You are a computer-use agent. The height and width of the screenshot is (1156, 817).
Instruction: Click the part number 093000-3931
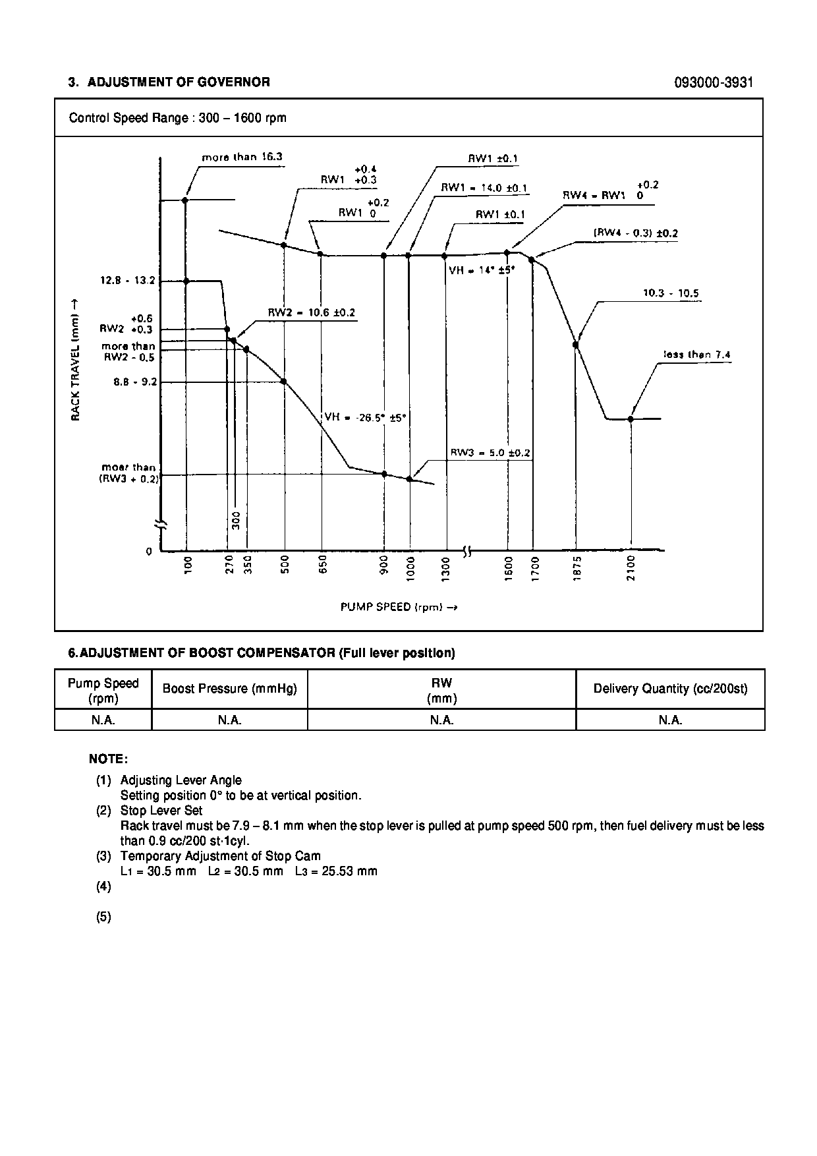coord(714,82)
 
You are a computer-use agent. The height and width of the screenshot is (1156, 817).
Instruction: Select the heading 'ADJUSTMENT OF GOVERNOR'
coord(179,82)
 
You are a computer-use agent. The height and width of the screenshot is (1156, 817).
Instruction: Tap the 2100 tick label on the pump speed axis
coord(631,568)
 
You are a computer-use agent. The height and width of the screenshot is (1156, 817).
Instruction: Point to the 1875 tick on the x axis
coord(577,568)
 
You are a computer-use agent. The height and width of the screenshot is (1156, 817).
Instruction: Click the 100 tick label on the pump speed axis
coord(188,565)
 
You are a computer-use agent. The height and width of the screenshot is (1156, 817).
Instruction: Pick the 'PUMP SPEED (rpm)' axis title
coord(399,607)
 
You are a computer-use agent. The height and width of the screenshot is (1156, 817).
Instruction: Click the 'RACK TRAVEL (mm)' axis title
coord(75,359)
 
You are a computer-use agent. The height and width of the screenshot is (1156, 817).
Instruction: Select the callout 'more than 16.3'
coord(242,158)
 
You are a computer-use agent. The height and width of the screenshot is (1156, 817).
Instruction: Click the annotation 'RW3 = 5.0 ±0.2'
coord(490,453)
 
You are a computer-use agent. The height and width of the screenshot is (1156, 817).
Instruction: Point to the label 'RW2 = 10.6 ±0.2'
coord(311,312)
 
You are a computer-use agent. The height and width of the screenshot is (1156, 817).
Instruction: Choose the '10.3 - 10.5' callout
coord(671,293)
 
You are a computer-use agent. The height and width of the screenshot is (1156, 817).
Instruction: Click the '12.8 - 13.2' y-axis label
coord(128,281)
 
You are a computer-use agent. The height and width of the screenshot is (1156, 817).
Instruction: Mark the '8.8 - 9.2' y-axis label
coord(135,382)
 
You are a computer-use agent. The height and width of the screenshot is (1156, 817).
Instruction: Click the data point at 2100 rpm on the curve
coord(631,419)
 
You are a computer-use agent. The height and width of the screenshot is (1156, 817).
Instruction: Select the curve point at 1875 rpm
coord(576,344)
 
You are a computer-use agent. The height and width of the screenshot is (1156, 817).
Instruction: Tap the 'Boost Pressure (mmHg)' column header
coord(230,689)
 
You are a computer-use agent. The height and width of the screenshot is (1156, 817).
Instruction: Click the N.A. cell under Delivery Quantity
coord(670,720)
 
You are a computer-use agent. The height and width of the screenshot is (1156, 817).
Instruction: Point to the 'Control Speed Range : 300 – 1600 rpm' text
coord(178,118)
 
